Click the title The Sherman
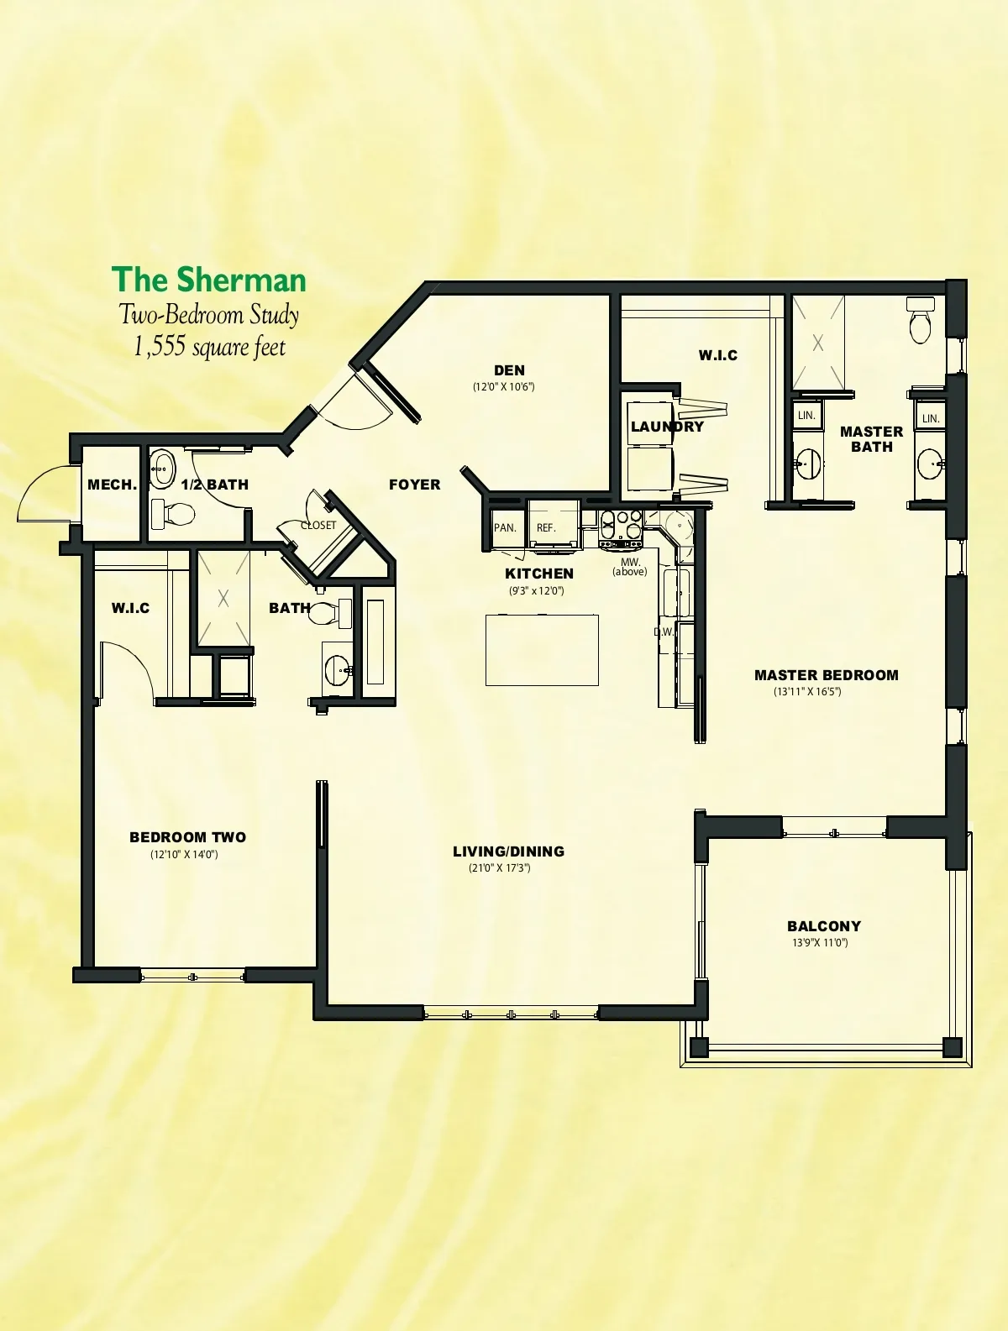208,280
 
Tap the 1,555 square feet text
209,348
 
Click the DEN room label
509,370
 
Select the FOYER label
415,485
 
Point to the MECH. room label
113,485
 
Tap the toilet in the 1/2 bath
173,514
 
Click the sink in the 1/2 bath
162,468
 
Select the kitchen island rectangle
542,650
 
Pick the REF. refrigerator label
546,528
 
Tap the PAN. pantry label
505,528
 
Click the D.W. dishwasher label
664,631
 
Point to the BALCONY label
824,926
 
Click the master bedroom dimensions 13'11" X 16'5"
807,691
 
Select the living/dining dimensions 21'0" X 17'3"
500,867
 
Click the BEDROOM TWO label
188,837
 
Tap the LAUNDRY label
667,427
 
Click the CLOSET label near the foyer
318,525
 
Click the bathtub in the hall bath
375,642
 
